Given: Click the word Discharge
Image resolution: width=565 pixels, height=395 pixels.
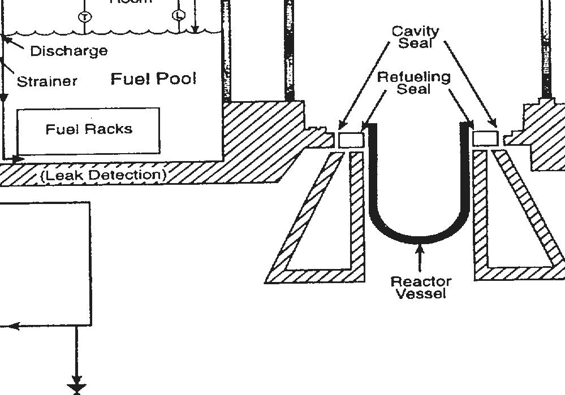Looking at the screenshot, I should tap(68, 51).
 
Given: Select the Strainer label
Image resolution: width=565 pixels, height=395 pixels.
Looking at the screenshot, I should tap(47, 81).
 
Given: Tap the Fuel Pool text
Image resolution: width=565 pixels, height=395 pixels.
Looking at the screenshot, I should tap(153, 79).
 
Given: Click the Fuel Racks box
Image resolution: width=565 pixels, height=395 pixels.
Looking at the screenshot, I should tap(89, 130).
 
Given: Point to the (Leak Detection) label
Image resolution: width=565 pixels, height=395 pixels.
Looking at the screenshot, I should tap(104, 175).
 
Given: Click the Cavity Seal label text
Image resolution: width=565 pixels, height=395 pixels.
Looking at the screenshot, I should tap(416, 37).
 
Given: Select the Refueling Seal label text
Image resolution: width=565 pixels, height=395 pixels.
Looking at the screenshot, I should tap(414, 83).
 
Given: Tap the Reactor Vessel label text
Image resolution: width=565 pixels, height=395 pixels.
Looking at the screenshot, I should tap(421, 287).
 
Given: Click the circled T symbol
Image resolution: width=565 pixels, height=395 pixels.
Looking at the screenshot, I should tap(84, 16).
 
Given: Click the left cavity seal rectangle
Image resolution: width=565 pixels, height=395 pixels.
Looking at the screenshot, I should tap(351, 139).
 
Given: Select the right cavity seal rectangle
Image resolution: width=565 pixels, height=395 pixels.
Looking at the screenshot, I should tap(485, 138).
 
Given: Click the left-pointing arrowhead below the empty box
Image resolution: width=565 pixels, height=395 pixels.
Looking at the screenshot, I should tap(14, 326).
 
